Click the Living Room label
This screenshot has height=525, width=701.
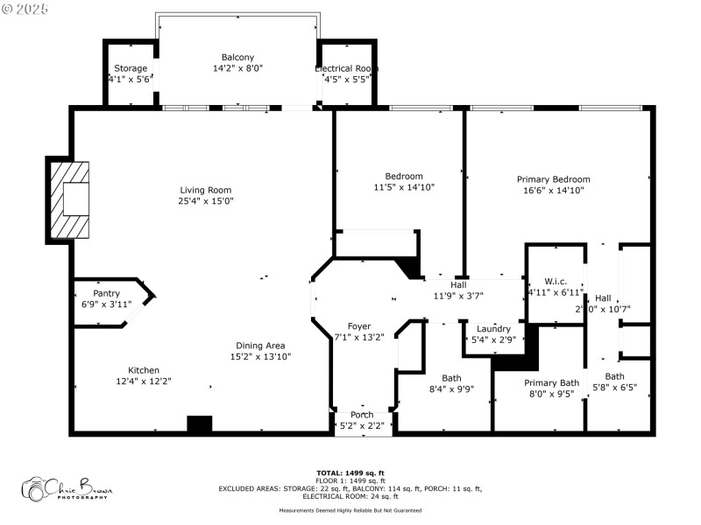pyautogui.click(x=206, y=190)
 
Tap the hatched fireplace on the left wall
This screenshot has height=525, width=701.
pyautogui.click(x=69, y=200)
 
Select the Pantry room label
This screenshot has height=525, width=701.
pyautogui.click(x=106, y=293)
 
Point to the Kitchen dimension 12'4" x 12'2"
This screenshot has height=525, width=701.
pyautogui.click(x=144, y=381)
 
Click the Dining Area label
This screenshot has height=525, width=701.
pyautogui.click(x=260, y=345)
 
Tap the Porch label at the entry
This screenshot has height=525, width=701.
pyautogui.click(x=362, y=414)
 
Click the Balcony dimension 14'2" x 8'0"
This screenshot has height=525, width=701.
pyautogui.click(x=237, y=67)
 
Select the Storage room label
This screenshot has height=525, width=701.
pyautogui.click(x=131, y=68)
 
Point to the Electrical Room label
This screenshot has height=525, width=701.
pyautogui.click(x=347, y=68)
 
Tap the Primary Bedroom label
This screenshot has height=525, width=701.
pyautogui.click(x=553, y=178)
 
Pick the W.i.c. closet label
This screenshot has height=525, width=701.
pyautogui.click(x=556, y=281)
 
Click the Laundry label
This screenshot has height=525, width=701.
pyautogui.click(x=493, y=329)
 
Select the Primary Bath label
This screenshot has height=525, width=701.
pyautogui.click(x=551, y=382)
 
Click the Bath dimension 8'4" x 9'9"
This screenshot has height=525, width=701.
pyautogui.click(x=451, y=389)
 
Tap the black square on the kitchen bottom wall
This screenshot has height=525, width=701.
pyautogui.click(x=200, y=424)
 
